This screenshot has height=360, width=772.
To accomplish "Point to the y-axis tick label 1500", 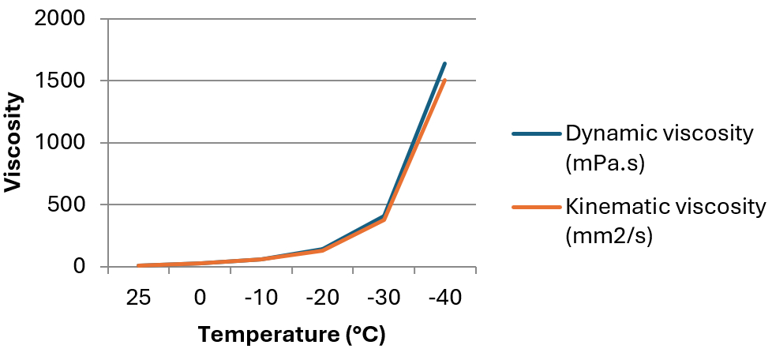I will (62, 81).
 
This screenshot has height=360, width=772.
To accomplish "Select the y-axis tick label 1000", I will (62, 143).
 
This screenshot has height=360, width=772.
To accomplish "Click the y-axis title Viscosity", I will (13, 143).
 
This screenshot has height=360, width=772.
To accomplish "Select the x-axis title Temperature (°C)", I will (291, 335).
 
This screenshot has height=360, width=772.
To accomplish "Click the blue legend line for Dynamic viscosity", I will (536, 133).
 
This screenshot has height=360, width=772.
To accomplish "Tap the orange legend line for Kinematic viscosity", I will (536, 208).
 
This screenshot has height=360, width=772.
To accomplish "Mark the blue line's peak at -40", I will (445, 63).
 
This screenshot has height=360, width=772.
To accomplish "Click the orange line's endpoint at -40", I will (445, 80).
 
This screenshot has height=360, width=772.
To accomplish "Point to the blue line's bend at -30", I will (384, 216).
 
